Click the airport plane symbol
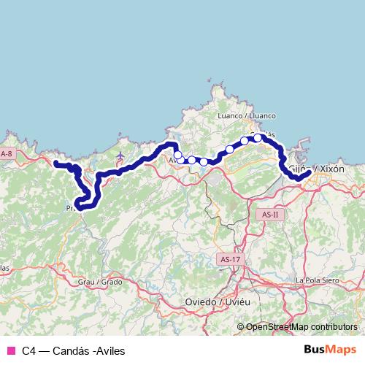[x=120, y=155]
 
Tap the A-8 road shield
[x=7, y=154]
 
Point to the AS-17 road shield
[x=228, y=259]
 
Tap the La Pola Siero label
[x=319, y=280]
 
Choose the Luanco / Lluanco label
[x=247, y=115]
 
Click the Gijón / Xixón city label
[x=317, y=169]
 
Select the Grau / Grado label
[x=100, y=281]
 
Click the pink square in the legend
[x=10, y=350]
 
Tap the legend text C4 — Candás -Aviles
[x=73, y=350]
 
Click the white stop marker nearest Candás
[x=258, y=137]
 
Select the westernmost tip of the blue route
[x=55, y=163]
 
